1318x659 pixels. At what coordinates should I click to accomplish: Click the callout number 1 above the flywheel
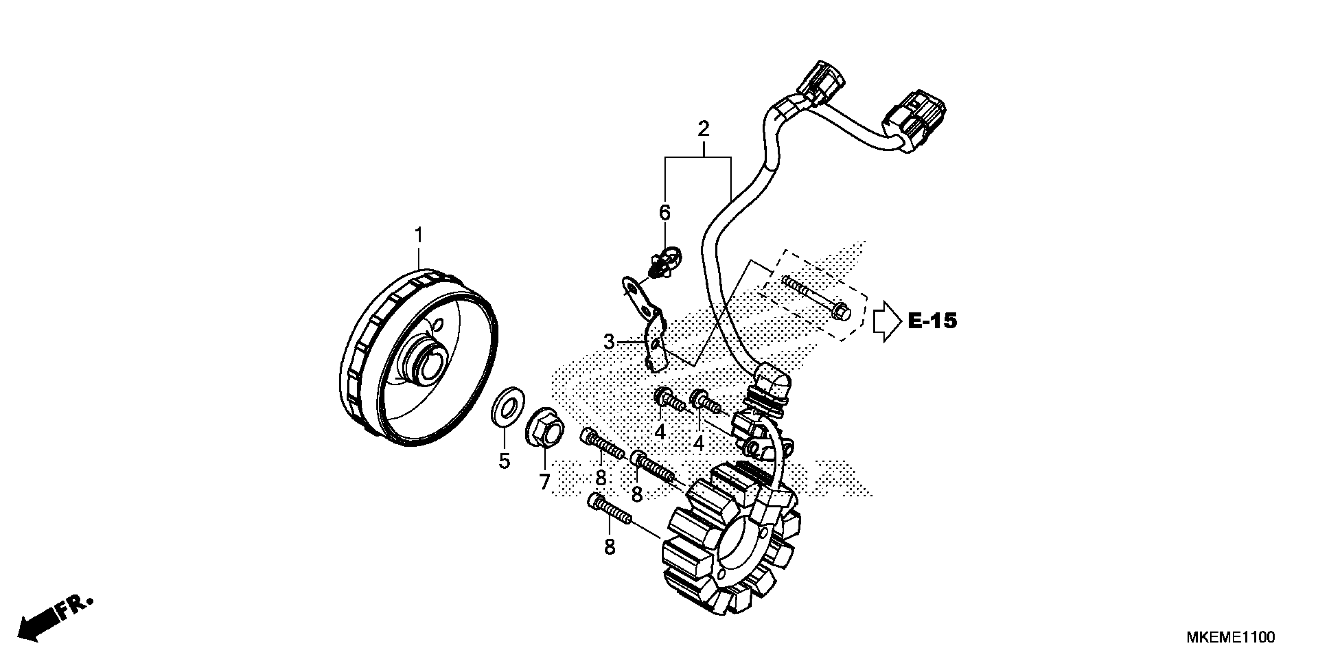click(x=419, y=235)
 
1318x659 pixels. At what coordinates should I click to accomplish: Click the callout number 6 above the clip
click(x=664, y=212)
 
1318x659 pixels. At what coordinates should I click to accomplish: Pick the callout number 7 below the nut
click(x=544, y=481)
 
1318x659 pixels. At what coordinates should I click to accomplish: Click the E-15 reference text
click(x=932, y=321)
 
